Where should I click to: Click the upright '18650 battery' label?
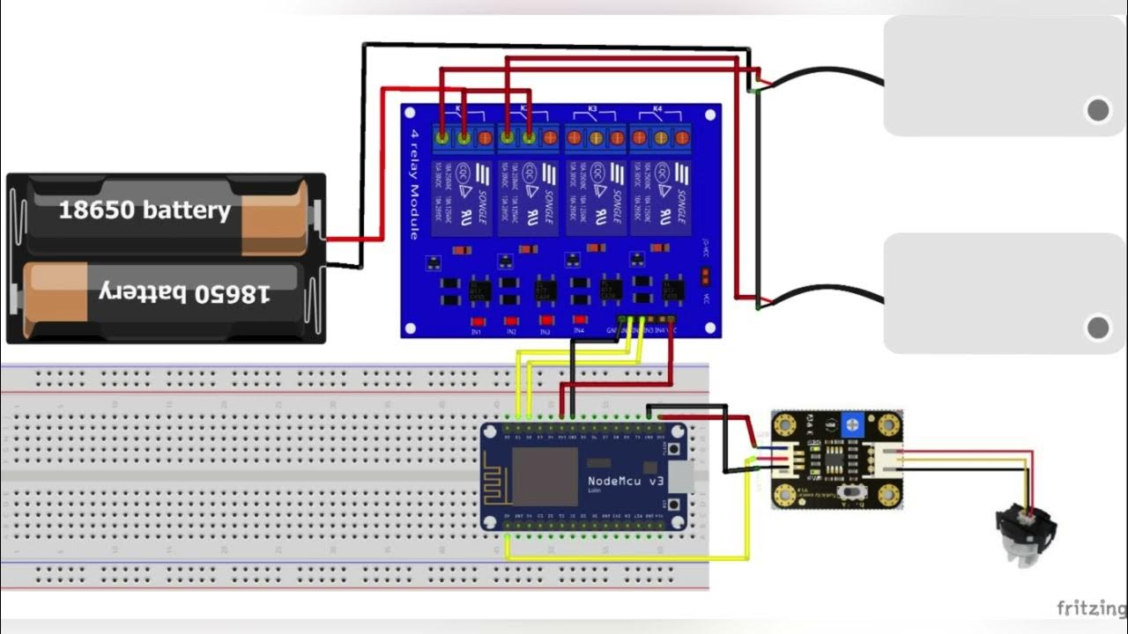[144, 210]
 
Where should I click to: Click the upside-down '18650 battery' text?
[183, 295]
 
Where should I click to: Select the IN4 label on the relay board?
[579, 332]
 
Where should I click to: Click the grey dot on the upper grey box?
[1097, 110]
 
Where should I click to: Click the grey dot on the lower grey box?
[1097, 328]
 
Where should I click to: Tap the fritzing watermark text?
[1091, 608]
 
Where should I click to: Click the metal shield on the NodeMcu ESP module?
[544, 475]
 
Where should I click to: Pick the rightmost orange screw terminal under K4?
[681, 137]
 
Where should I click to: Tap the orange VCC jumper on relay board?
[705, 276]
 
